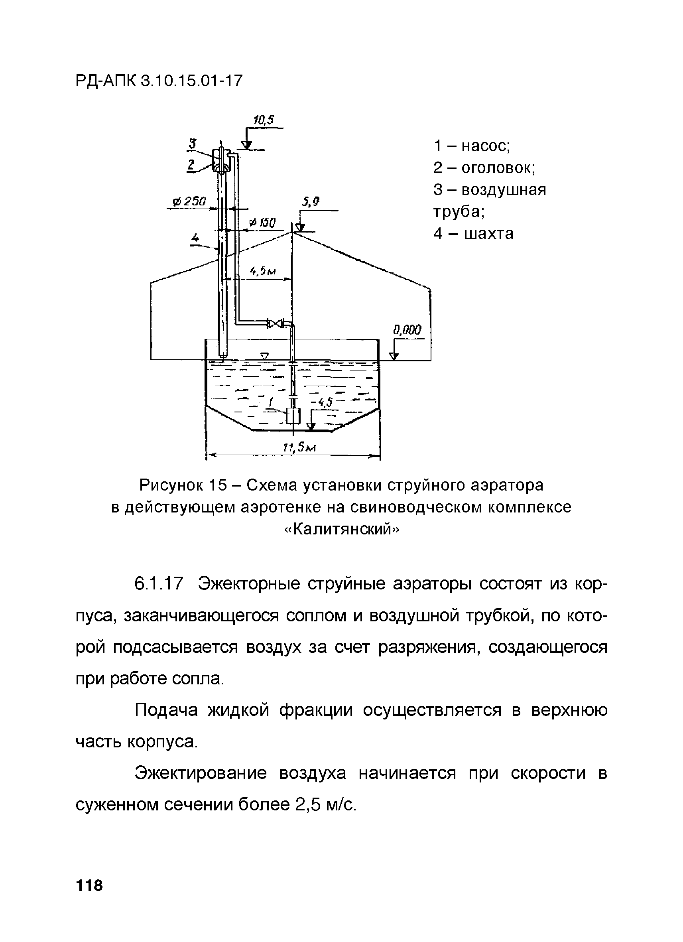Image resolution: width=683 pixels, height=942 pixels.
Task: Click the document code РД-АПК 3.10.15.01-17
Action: (159, 81)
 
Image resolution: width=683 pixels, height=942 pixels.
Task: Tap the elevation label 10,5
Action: (264, 120)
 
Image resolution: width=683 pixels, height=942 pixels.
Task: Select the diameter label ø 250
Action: (189, 202)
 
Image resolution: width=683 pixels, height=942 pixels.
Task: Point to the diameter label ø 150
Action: (262, 223)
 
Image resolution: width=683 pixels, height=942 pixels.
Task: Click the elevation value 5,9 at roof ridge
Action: (311, 202)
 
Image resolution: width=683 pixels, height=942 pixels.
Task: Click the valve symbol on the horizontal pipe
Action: (275, 323)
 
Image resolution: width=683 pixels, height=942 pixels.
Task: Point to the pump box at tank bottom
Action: (293, 415)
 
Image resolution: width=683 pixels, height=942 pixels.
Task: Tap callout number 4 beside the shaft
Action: (195, 238)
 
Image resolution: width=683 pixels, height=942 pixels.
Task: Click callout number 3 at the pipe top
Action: (192, 144)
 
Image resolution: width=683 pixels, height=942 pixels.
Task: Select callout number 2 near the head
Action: (191, 165)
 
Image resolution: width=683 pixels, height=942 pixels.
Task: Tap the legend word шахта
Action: (489, 233)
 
